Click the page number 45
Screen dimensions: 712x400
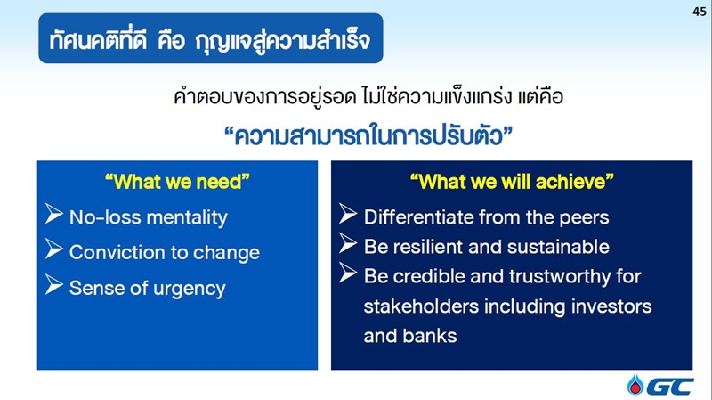pyautogui.click(x=700, y=12)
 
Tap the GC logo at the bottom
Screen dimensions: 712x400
pyautogui.click(x=660, y=386)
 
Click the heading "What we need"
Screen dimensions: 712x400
pyautogui.click(x=177, y=182)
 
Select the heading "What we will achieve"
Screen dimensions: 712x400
pyautogui.click(x=512, y=182)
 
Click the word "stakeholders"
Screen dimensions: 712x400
pyautogui.click(x=421, y=306)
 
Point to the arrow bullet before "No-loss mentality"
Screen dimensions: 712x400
pyautogui.click(x=54, y=214)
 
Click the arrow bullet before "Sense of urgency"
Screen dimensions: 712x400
pyautogui.click(x=54, y=285)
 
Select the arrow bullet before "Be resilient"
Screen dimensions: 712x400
pyautogui.click(x=348, y=243)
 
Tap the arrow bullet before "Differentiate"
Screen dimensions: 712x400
pyautogui.click(x=348, y=214)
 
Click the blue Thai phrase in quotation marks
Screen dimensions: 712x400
pyautogui.click(x=368, y=136)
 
